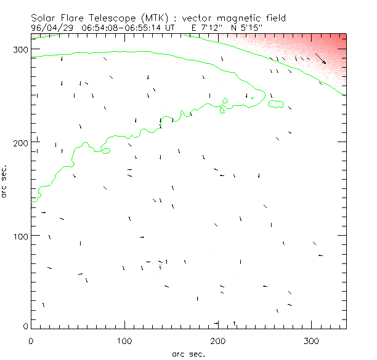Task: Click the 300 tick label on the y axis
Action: click(21, 50)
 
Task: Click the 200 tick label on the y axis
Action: click(21, 143)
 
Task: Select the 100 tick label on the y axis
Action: click(21, 236)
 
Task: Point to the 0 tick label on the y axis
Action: click(25, 326)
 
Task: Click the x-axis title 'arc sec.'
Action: click(188, 354)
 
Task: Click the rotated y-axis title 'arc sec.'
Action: click(5, 180)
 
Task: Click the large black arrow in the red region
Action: click(320, 58)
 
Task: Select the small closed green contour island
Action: click(277, 103)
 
